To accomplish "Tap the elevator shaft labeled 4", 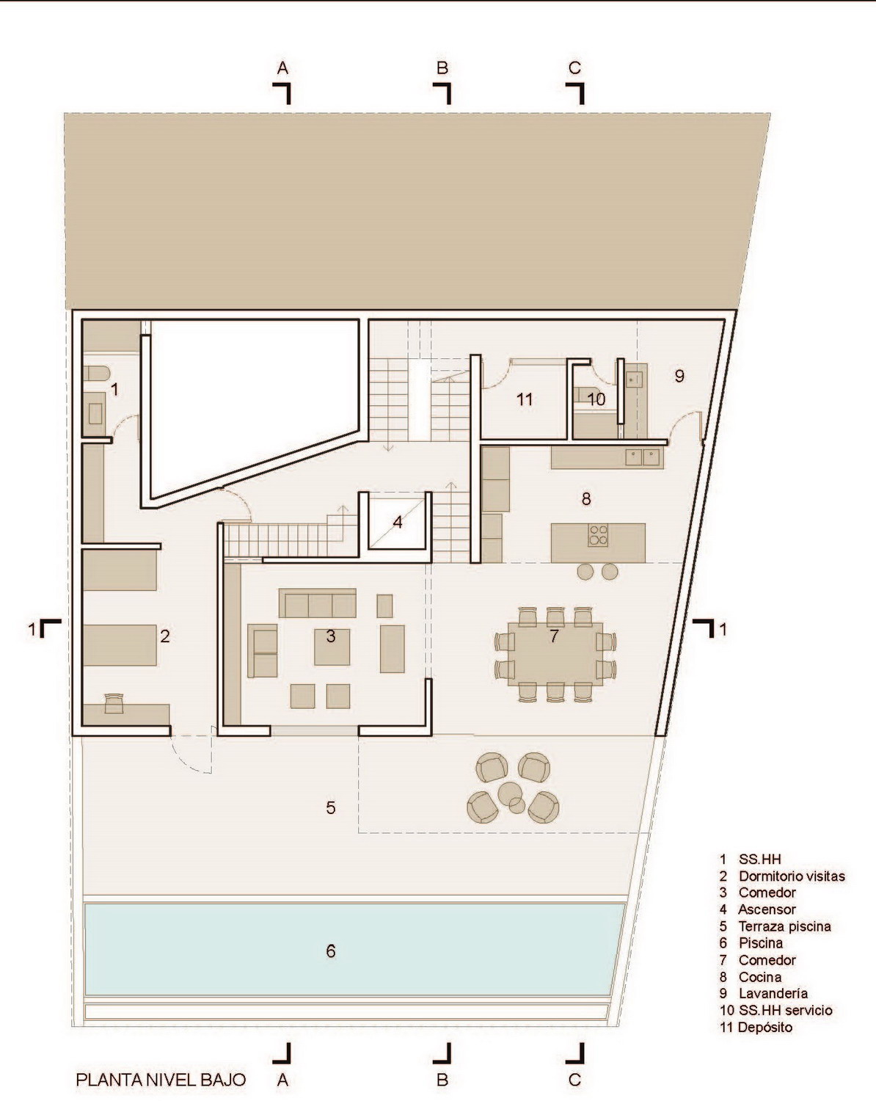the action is click(x=397, y=521).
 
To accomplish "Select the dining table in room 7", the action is click(x=555, y=654).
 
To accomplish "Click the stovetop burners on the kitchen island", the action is click(x=598, y=536).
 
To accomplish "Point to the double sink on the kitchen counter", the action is click(x=642, y=457).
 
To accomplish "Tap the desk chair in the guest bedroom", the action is click(x=114, y=703).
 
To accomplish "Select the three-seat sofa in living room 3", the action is click(x=317, y=603).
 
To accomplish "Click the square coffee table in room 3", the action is click(x=332, y=647).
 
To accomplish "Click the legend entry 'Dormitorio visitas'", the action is click(x=792, y=876).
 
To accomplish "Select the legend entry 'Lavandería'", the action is click(x=773, y=994).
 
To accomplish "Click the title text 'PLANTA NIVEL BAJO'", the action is click(x=161, y=1080).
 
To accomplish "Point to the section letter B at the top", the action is click(x=442, y=68).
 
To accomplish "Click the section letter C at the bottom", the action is click(x=574, y=1080).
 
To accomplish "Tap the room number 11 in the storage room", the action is click(x=525, y=399).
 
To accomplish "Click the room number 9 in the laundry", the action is click(x=679, y=376).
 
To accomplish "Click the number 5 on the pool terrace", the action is click(x=331, y=807).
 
